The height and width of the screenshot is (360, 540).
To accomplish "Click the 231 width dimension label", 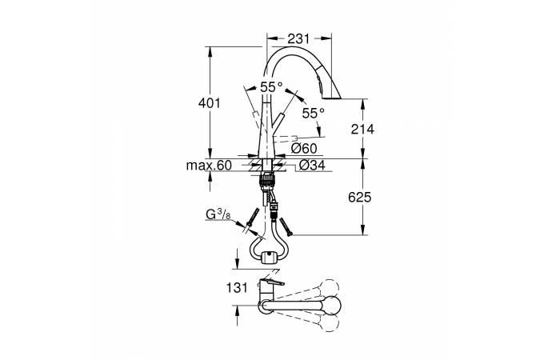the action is [x=298, y=39].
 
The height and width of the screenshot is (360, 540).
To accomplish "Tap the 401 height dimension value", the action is [x=209, y=102].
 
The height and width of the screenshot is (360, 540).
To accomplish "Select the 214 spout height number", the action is [x=362, y=129].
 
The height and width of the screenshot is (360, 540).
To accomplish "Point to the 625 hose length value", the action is [x=360, y=198].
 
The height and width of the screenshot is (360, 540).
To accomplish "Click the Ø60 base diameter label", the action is [x=304, y=149].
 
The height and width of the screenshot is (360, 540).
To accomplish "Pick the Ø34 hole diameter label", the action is [x=312, y=165].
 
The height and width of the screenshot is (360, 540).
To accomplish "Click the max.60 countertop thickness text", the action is [x=209, y=166].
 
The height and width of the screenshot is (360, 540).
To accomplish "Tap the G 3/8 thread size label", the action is [x=218, y=214].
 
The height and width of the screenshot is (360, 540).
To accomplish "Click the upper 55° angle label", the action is [x=271, y=87].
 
